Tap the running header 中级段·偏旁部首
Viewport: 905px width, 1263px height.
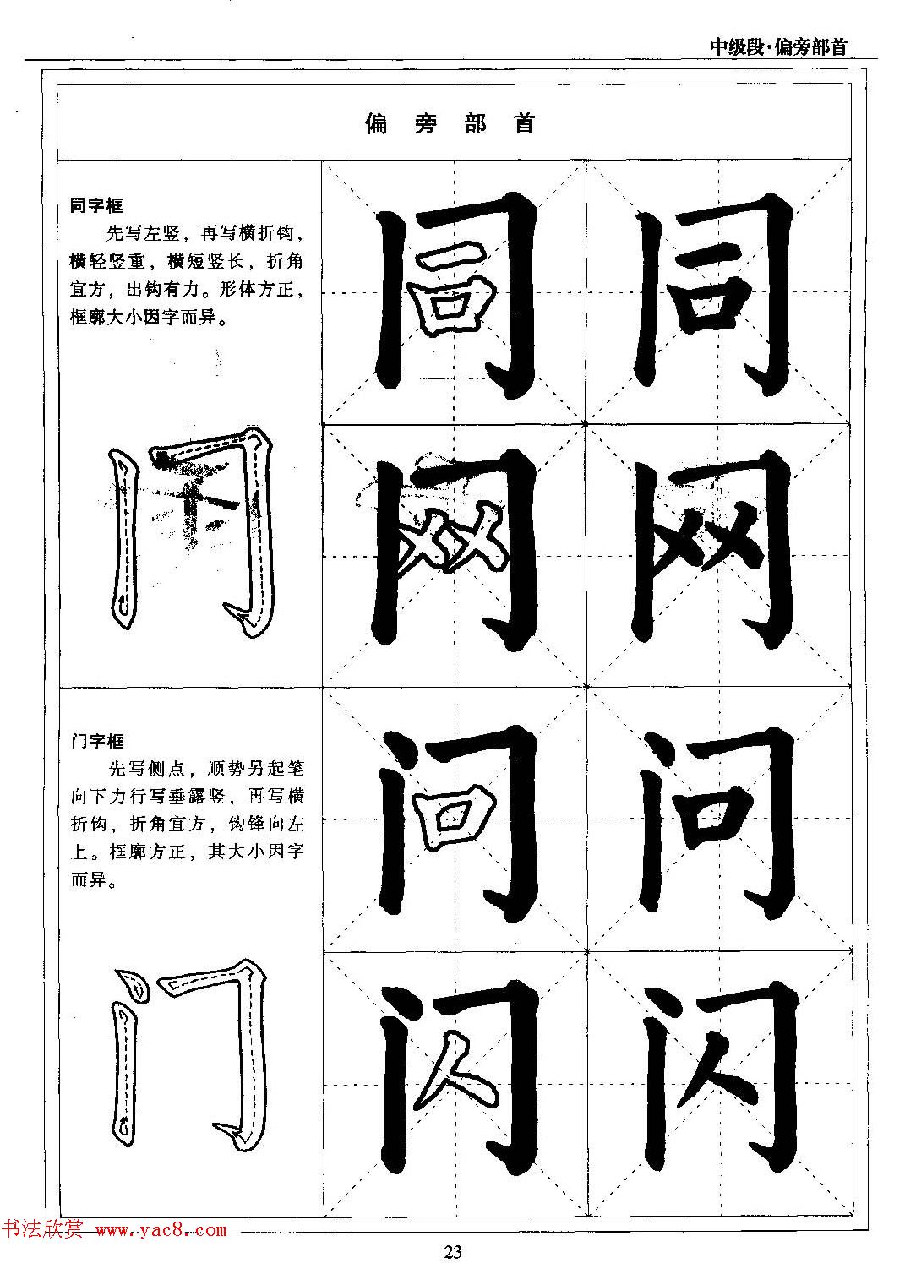click(777, 46)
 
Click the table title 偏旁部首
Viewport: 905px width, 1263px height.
click(451, 124)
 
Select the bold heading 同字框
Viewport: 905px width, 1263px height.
click(96, 205)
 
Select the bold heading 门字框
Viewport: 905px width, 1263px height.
click(97, 741)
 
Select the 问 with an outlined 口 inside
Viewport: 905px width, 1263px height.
click(456, 819)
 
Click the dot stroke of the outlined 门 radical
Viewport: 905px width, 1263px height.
click(131, 983)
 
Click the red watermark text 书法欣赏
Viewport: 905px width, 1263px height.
click(42, 1231)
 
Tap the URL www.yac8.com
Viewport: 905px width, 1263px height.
click(161, 1232)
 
